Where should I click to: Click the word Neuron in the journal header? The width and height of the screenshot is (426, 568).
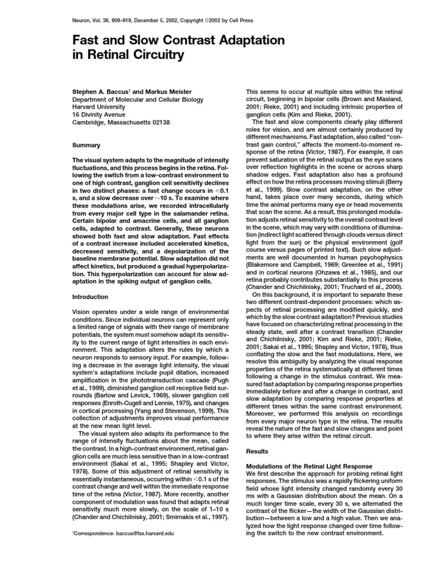tap(82, 21)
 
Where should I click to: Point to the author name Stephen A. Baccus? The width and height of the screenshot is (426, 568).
tap(102, 91)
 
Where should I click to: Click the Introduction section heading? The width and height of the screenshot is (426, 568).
tap(92, 297)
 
